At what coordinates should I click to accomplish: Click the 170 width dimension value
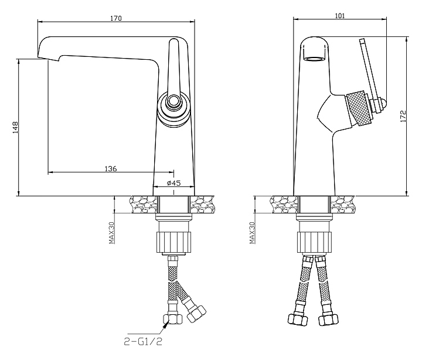[115, 18]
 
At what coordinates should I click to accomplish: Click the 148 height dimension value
[16, 127]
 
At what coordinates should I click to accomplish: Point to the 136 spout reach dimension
[110, 168]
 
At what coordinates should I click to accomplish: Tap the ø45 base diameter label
[173, 183]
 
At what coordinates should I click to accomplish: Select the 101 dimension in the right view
[339, 16]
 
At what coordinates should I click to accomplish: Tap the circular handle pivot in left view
[173, 104]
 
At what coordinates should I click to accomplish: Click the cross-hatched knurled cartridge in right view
[358, 108]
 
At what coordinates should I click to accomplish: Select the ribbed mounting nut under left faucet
[174, 241]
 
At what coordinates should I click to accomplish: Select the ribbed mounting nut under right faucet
[315, 241]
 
